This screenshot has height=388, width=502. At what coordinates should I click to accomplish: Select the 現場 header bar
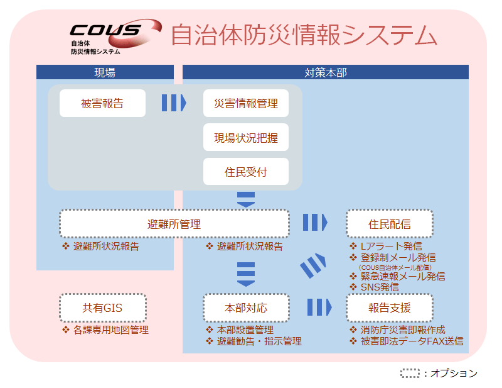pos(105,72)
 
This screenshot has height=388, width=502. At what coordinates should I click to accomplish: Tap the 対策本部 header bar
pos(325,72)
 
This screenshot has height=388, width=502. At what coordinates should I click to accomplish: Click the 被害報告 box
pos(102,103)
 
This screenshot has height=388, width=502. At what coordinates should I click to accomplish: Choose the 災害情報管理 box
pos(246,103)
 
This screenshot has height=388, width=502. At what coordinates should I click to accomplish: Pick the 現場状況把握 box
pos(246,137)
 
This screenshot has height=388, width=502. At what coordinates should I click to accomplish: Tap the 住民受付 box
pos(246,171)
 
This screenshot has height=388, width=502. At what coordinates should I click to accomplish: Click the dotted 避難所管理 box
pos(174,223)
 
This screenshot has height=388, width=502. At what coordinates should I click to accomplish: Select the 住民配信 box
pos(389,223)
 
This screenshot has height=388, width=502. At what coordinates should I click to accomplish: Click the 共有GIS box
pos(102,308)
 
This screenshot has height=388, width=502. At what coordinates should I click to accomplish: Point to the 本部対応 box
pos(246,308)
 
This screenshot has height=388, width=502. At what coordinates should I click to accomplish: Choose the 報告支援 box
pos(389,308)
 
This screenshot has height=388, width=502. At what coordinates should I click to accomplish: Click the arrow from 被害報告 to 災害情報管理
pos(174,103)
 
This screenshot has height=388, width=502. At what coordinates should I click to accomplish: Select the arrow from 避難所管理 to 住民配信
pos(315,223)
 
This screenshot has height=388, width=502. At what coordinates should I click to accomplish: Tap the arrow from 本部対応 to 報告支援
pos(319,308)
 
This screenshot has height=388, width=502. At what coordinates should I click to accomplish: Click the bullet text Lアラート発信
pos(394,247)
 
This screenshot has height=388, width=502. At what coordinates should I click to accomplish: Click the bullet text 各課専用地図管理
pos(110,330)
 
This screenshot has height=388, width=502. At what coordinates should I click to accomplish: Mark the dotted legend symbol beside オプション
pos(410,373)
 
